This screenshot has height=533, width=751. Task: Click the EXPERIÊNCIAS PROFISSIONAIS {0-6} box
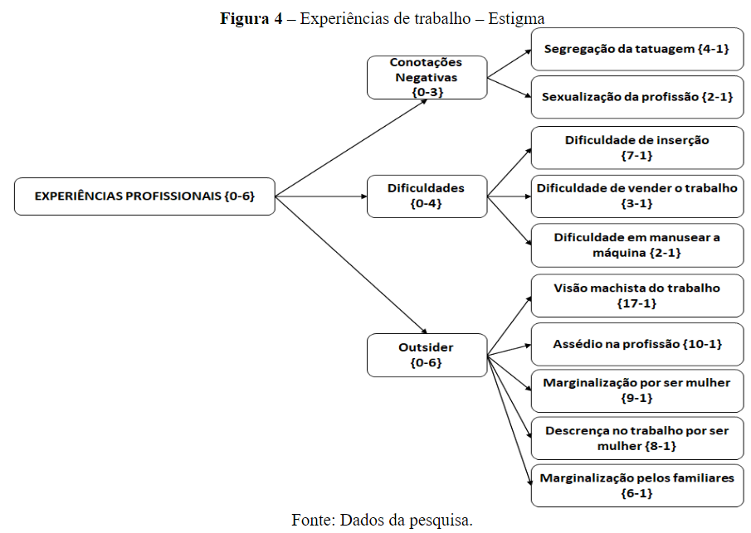coord(144,196)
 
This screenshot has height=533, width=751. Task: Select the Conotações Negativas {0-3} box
coord(427,78)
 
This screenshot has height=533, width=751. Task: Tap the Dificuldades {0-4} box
coord(427,196)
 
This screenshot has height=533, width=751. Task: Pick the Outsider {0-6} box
coord(427,356)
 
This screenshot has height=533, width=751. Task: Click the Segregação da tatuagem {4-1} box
coord(636,49)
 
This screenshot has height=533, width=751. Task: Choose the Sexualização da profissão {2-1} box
coord(636,97)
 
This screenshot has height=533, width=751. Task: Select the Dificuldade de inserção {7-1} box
coord(636,148)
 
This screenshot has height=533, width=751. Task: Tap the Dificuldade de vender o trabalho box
coord(636,196)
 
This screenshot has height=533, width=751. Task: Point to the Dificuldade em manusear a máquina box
coord(636,245)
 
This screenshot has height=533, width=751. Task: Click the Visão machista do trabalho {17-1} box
coord(636,295)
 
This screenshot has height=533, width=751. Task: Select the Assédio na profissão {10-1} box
coord(636,343)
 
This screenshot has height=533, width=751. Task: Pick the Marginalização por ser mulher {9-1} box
coord(636,390)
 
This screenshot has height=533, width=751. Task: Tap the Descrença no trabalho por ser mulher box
coord(636,439)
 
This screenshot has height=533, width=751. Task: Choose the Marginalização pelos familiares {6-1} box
coord(636,486)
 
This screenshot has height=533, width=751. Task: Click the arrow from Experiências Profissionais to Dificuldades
coord(320,196)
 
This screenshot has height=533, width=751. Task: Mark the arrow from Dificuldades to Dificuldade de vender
coord(509,196)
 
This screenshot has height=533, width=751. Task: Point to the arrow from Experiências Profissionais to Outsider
coord(349,265)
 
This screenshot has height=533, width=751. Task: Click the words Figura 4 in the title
coord(251,18)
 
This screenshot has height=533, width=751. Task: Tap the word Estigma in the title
coord(516,18)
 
